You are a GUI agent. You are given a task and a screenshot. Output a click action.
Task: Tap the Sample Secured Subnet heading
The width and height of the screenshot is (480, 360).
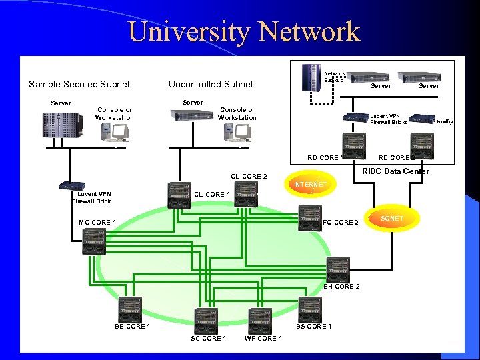(79, 84)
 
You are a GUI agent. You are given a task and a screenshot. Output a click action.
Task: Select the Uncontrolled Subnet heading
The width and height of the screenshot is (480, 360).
(211, 84)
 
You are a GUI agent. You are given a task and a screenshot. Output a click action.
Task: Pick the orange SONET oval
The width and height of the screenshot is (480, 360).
(392, 219)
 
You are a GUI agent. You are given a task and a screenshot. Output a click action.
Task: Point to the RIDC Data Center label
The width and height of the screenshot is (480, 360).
(395, 171)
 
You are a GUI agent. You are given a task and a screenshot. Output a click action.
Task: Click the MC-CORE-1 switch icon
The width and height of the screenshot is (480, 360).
(94, 241)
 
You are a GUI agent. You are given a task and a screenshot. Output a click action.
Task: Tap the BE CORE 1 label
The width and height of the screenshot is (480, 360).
(132, 326)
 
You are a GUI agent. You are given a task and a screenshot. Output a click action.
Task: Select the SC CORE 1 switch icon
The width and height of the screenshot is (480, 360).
(207, 321)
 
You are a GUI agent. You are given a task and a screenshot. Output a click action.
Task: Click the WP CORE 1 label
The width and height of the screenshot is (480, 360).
(263, 338)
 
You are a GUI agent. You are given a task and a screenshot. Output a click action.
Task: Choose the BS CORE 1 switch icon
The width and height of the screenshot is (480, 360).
(310, 309)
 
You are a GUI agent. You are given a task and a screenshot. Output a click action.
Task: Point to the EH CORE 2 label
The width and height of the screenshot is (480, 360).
(341, 287)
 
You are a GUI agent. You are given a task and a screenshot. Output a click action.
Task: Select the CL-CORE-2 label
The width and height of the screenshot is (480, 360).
(249, 176)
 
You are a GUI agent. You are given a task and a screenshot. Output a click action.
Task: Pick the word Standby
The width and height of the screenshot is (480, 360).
(443, 121)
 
